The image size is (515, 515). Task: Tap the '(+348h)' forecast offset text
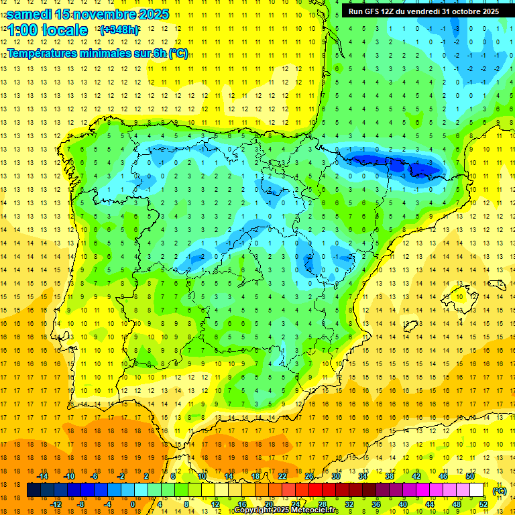click(x=119, y=30)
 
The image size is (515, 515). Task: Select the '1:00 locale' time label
click(x=48, y=30)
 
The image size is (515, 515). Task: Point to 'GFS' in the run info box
click(x=375, y=11)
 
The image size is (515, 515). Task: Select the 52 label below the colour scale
click(x=483, y=504)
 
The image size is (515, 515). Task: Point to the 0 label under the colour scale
click(x=133, y=504)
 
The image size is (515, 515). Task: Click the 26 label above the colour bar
click(x=309, y=476)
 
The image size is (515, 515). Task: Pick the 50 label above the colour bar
click(x=470, y=476)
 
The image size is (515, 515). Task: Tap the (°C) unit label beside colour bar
click(x=499, y=491)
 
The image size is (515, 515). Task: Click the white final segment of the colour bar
click(x=477, y=490)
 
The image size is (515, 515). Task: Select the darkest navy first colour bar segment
click(x=34, y=490)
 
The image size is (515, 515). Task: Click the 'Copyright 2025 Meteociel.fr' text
click(x=286, y=510)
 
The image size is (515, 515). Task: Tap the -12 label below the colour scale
click(x=56, y=504)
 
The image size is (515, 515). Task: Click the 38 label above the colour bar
click(x=390, y=476)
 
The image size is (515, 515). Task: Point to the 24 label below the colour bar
click(x=296, y=504)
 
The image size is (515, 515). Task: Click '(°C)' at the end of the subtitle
click(x=178, y=54)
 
